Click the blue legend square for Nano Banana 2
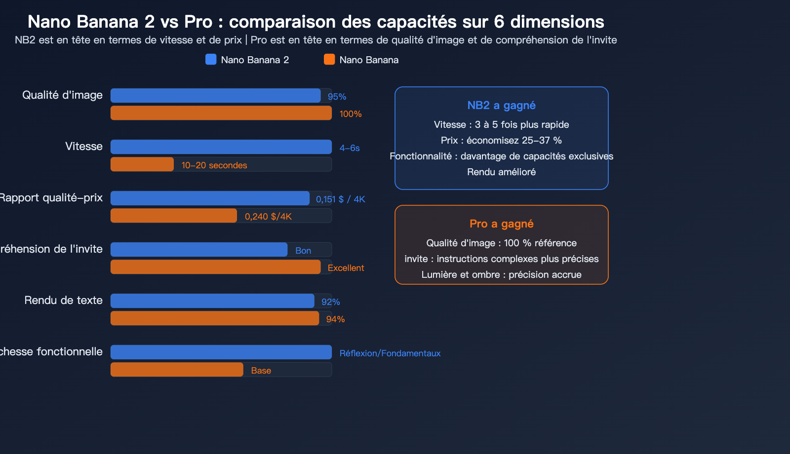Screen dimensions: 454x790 click(211, 59)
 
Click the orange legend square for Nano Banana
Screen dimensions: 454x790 click(329, 59)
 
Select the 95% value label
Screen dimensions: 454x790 click(337, 97)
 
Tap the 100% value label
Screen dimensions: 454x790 click(351, 114)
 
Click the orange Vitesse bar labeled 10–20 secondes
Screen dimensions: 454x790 click(142, 164)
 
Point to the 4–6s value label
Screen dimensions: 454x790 click(350, 148)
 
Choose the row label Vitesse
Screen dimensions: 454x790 click(84, 147)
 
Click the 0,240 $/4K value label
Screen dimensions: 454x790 click(268, 217)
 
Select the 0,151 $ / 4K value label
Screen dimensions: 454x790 click(340, 199)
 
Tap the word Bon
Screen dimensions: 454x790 click(303, 251)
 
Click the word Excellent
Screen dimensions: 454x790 click(346, 268)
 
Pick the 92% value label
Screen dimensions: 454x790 click(330, 302)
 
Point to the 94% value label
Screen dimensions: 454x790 click(335, 319)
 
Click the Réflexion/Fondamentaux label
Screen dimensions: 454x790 click(390, 353)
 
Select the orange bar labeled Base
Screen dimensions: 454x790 click(177, 370)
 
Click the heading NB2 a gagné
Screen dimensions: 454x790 click(501, 105)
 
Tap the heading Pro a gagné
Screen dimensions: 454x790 click(501, 224)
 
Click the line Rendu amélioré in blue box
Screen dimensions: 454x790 click(501, 172)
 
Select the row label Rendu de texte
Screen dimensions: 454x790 click(64, 300)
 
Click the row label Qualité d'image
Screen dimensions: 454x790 click(63, 95)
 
